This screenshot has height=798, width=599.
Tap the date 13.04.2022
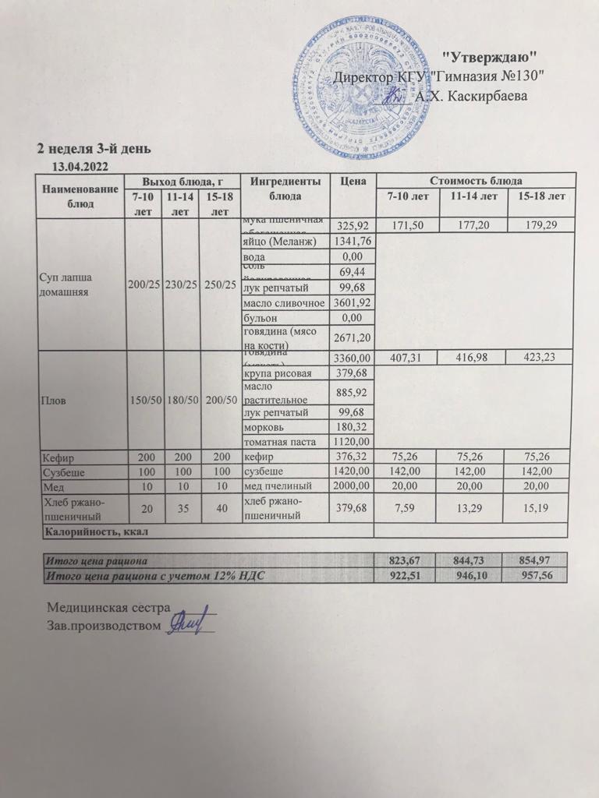79,166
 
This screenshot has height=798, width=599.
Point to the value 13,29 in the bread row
470,509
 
